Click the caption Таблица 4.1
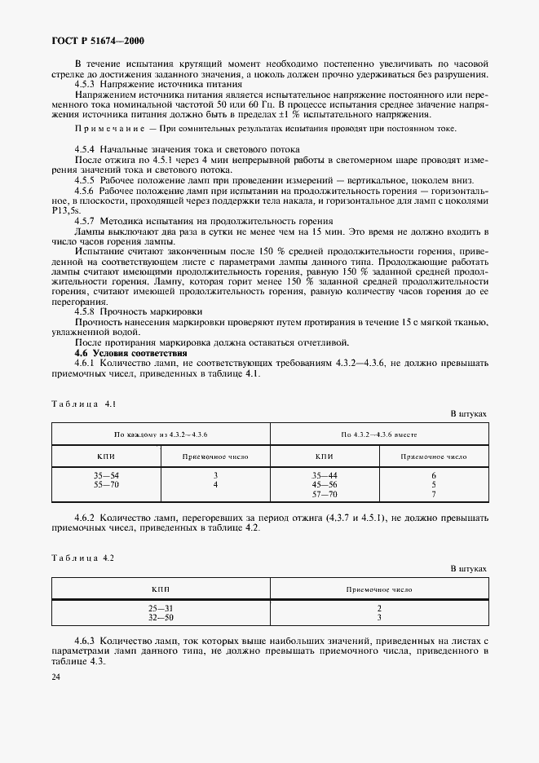click(84, 404)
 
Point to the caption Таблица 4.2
click(84, 558)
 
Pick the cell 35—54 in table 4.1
click(105, 475)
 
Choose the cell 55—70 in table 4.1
click(105, 484)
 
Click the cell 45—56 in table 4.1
click(325, 484)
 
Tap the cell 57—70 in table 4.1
click(325, 494)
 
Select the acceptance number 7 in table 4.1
click(434, 494)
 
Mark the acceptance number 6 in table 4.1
click(434, 475)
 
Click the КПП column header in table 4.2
click(161, 589)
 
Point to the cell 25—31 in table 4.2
click(161, 609)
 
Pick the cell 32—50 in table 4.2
click(161, 618)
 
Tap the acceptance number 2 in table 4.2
click(379, 609)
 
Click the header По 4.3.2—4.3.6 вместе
click(379, 434)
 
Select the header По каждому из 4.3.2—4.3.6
click(161, 434)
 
